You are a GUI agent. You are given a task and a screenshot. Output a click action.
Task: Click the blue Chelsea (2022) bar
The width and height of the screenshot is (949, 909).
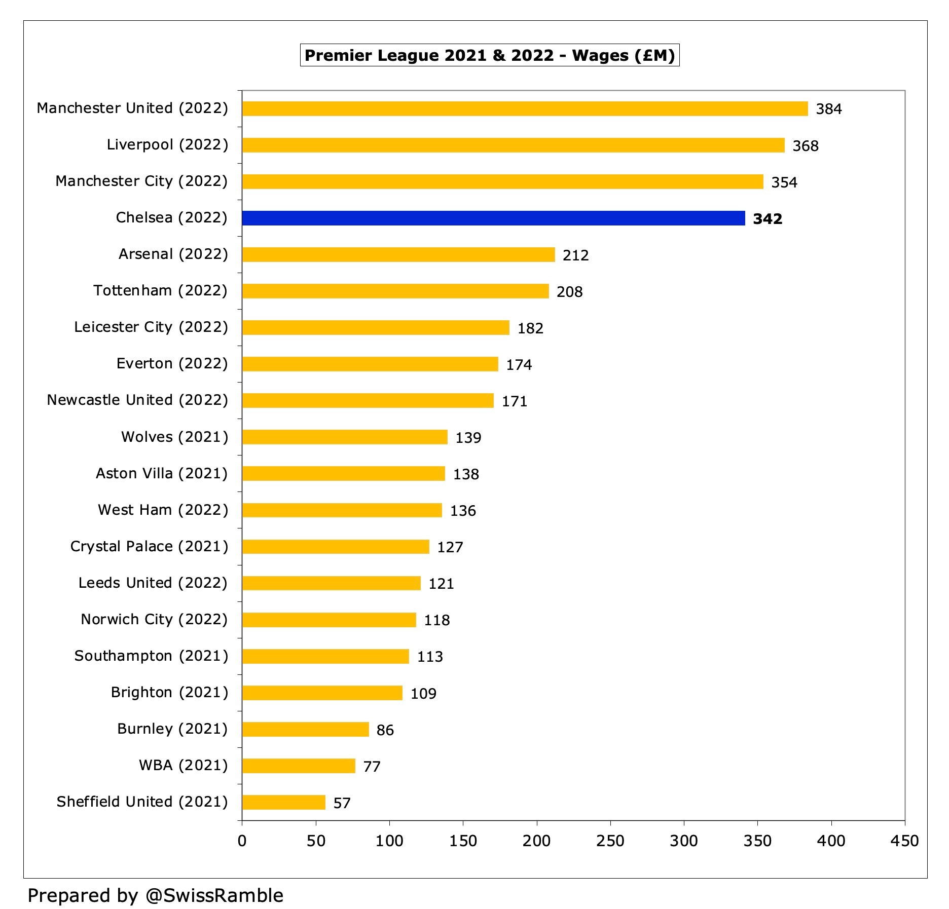[x=493, y=218]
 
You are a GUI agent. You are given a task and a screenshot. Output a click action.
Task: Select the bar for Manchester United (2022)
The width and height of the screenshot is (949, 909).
[x=525, y=109]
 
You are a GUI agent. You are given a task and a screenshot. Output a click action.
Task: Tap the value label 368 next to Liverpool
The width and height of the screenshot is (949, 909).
[x=806, y=146]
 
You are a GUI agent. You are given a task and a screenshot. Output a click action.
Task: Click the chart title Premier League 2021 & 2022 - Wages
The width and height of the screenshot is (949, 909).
[x=489, y=55]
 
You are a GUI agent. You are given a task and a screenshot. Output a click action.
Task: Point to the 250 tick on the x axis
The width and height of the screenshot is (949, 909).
[x=610, y=841]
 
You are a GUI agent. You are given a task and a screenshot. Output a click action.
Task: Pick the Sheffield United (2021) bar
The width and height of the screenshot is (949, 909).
[x=284, y=803]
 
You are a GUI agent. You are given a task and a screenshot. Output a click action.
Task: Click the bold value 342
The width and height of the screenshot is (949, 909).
[x=768, y=219]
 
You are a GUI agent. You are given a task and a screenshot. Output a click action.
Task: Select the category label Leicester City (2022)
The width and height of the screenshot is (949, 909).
[x=151, y=327]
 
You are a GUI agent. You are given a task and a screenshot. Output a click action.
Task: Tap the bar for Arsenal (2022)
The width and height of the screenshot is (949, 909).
[x=398, y=255]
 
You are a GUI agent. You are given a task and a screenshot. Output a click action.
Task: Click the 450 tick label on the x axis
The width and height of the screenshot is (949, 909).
[x=904, y=841]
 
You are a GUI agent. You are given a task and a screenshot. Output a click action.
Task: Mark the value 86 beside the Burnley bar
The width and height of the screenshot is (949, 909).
[x=385, y=730]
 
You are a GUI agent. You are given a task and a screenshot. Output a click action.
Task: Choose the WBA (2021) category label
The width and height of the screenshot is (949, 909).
[x=184, y=765]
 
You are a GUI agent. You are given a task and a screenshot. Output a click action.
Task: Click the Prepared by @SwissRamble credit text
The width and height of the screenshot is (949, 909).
[x=156, y=895]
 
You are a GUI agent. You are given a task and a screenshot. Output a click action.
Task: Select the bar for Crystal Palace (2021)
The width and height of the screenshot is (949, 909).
[x=336, y=547]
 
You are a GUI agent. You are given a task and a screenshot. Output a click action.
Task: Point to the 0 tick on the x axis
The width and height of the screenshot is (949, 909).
[x=242, y=841]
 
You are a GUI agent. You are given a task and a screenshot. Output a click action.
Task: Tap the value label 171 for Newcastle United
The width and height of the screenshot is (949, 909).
[x=515, y=401]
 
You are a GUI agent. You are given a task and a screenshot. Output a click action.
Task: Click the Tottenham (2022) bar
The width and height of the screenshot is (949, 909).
[x=395, y=291]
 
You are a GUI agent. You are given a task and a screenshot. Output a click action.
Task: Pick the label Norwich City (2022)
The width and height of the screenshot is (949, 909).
[x=154, y=619]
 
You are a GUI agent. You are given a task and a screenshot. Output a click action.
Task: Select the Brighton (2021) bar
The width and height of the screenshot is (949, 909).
[x=322, y=693]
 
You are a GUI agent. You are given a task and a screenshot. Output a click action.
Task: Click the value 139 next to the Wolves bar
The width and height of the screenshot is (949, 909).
[x=468, y=438]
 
